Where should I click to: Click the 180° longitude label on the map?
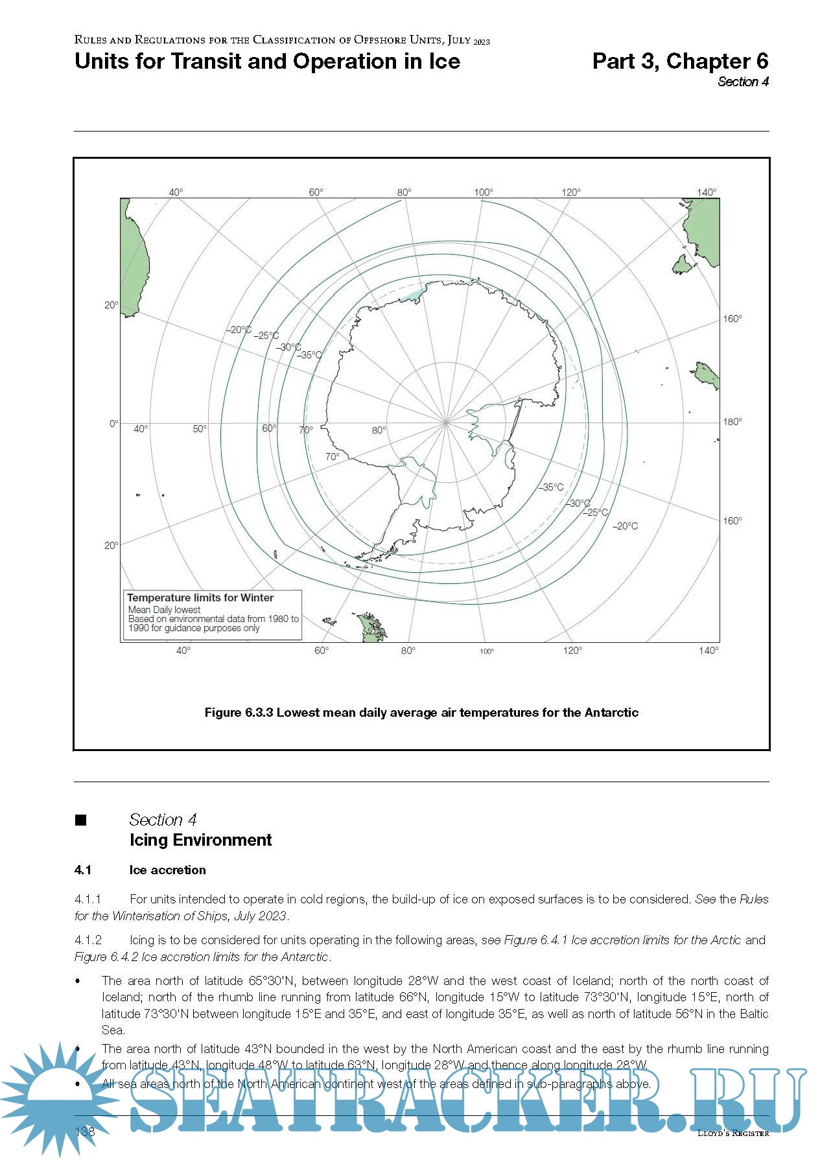[x=732, y=422]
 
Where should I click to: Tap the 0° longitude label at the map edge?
[x=113, y=424]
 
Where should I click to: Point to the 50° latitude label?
[x=200, y=429]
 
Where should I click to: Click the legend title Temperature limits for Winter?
[x=200, y=597]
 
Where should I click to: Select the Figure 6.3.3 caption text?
[x=421, y=712]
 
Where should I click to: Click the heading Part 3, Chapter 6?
[x=680, y=61]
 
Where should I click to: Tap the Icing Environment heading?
[x=200, y=840]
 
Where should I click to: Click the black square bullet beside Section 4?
[x=81, y=820]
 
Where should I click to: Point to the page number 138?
[x=85, y=1131]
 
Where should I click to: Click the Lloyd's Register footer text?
[x=732, y=1133]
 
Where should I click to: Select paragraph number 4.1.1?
[x=88, y=899]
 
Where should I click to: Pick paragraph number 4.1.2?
[x=88, y=940]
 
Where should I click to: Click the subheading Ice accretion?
[x=167, y=870]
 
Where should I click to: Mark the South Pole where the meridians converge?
[x=446, y=422]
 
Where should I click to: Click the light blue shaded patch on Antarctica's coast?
[x=411, y=295]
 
